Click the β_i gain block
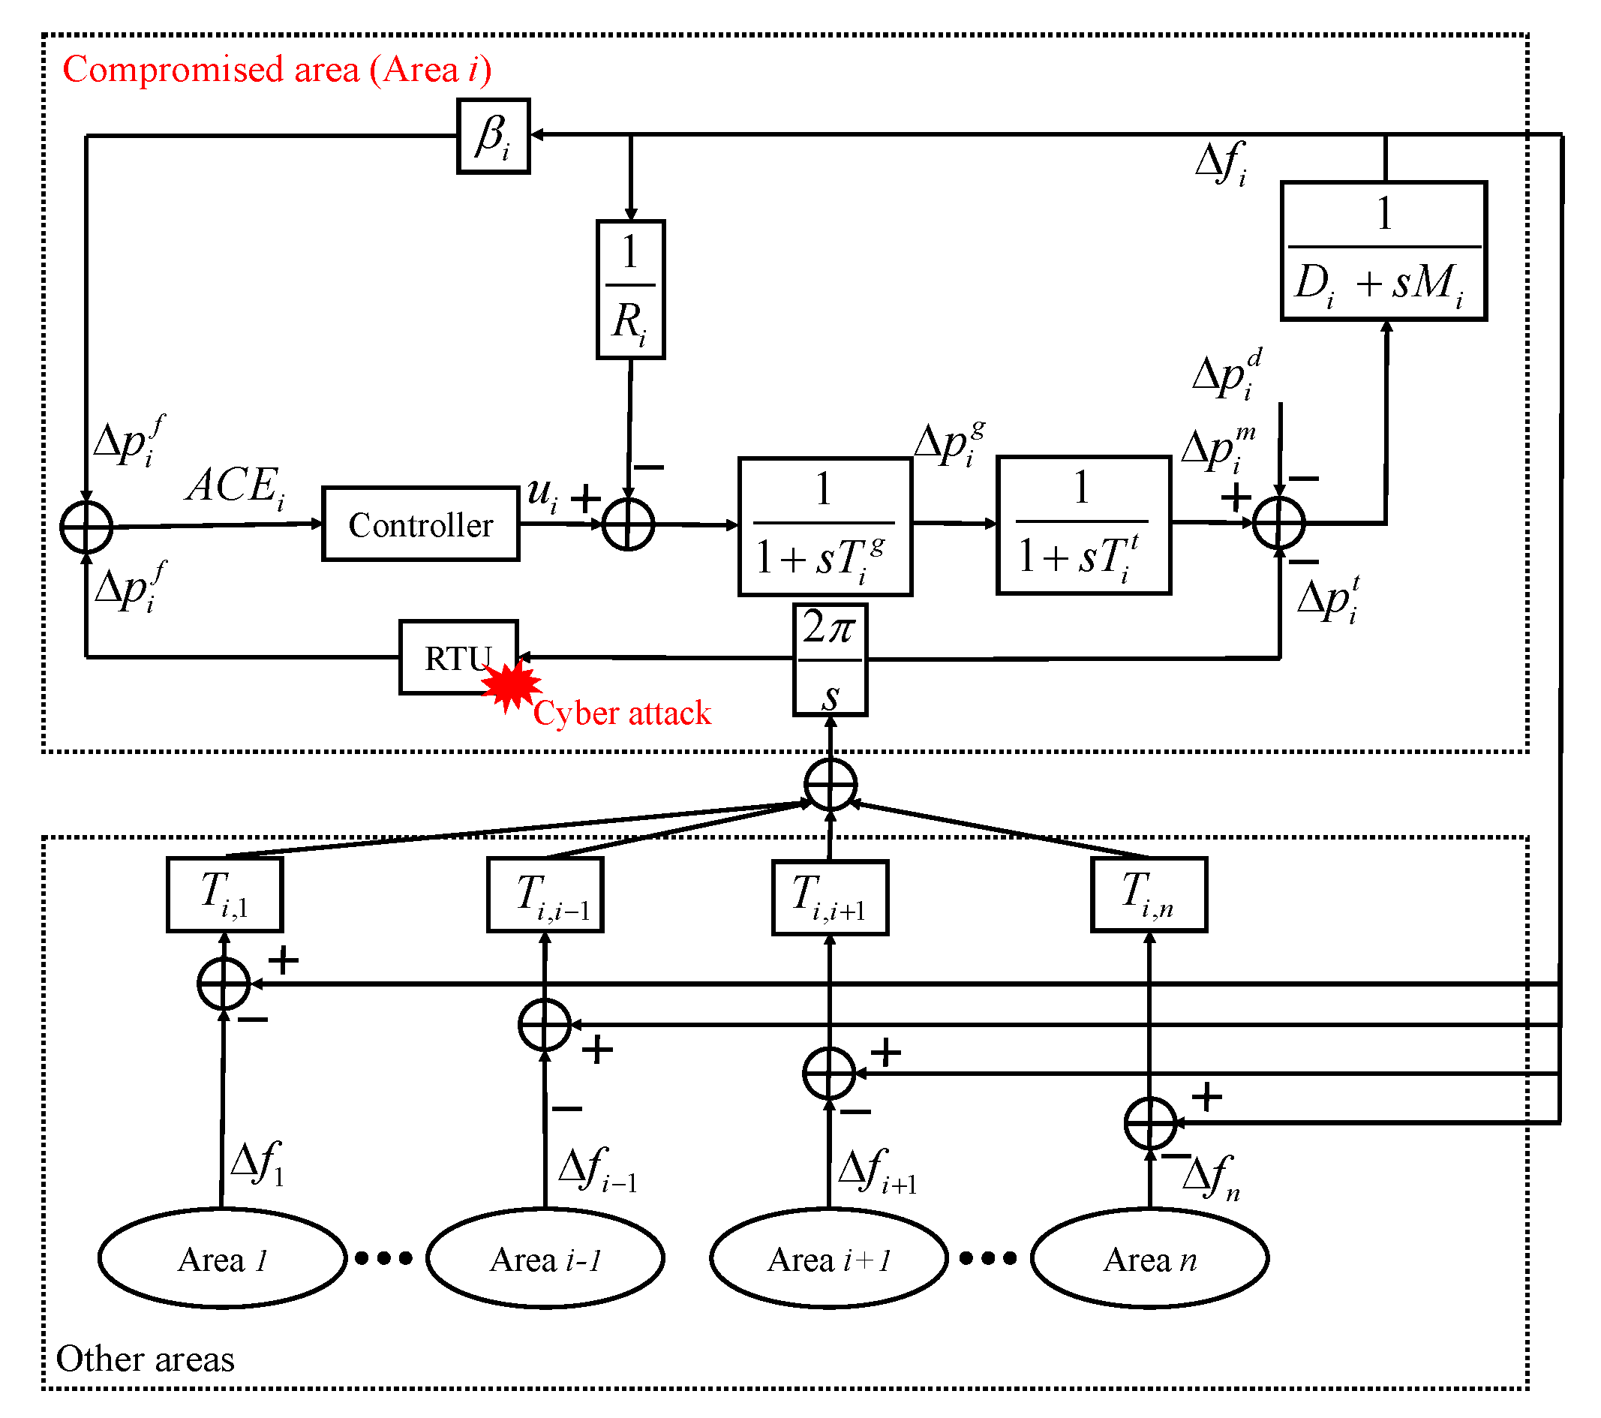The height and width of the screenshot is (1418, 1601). (494, 136)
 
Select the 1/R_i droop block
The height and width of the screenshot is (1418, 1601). (630, 290)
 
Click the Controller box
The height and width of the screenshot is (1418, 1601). (421, 524)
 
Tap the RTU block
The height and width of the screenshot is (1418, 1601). (458, 657)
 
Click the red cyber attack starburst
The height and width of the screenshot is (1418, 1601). (511, 685)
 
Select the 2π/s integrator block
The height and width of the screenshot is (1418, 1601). (831, 659)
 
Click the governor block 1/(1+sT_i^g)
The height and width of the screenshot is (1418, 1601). (825, 527)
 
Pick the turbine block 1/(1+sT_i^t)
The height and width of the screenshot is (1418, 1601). (1083, 526)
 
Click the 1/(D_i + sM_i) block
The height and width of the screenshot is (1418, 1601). (1383, 251)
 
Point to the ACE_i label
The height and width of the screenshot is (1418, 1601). (235, 485)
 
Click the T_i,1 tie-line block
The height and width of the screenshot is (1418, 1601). (225, 894)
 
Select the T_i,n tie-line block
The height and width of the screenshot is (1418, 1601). (1149, 894)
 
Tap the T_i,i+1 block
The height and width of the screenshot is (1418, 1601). (830, 897)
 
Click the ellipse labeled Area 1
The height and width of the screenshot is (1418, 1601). (223, 1259)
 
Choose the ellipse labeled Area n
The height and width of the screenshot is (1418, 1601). (1149, 1259)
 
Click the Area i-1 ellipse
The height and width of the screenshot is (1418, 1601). (545, 1259)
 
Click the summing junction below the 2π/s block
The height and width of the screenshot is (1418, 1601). (831, 784)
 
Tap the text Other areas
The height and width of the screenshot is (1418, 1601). (145, 1359)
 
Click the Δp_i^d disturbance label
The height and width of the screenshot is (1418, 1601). (1227, 374)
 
